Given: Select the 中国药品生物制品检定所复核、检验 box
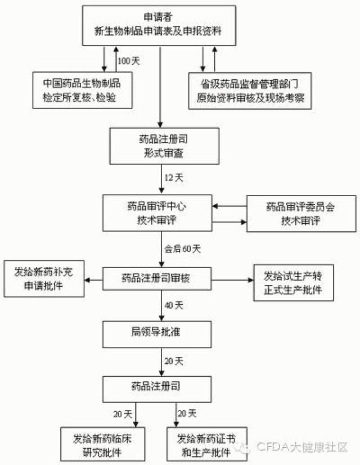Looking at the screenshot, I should pos(82,90).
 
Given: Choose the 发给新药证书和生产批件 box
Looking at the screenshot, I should pos(203,443).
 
